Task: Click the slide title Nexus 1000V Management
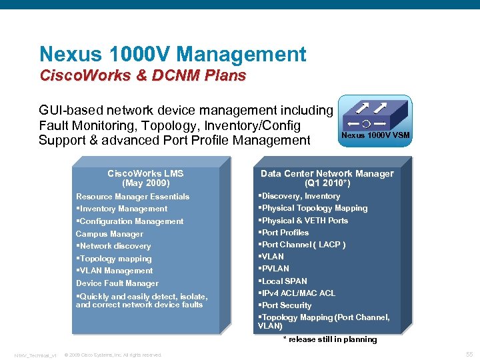click(x=173, y=55)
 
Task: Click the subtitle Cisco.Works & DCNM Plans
click(x=143, y=75)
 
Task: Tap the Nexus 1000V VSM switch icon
click(x=375, y=119)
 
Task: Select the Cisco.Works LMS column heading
click(x=145, y=173)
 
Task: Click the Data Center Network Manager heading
click(x=327, y=173)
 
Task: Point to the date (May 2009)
click(x=145, y=183)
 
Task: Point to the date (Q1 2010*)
click(x=327, y=183)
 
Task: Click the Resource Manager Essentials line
click(x=133, y=197)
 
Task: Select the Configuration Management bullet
click(x=131, y=221)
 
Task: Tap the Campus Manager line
click(x=109, y=234)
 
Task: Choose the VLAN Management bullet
click(x=115, y=271)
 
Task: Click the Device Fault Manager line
click(x=117, y=283)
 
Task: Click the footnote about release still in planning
click(x=330, y=339)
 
